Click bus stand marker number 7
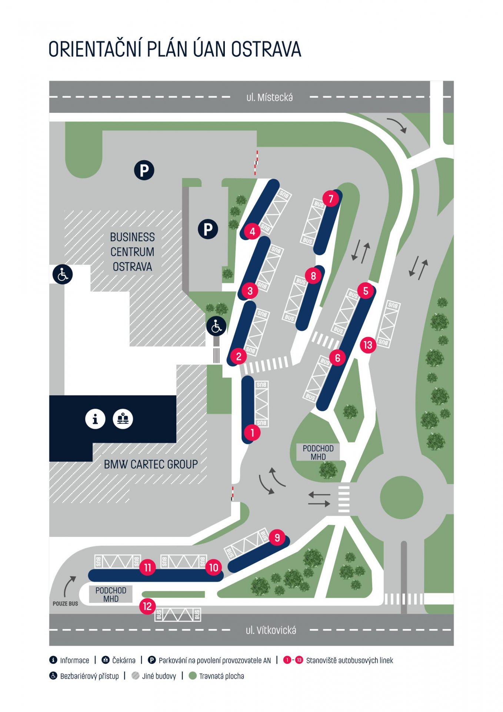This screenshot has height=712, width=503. (x=331, y=199)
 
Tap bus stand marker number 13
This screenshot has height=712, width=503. (x=368, y=345)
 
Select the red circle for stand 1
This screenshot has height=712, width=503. (x=252, y=432)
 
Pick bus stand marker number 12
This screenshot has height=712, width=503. (x=147, y=606)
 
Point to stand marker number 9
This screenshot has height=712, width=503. (x=277, y=537)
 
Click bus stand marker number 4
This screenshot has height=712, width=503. (x=252, y=232)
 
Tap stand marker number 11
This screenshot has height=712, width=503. (x=147, y=567)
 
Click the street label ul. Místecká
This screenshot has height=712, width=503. (x=270, y=98)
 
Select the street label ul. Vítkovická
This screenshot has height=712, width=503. (x=271, y=630)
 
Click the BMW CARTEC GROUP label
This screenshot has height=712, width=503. (x=151, y=464)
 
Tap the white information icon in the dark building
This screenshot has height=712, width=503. (x=95, y=419)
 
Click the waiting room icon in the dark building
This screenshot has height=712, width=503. (x=123, y=419)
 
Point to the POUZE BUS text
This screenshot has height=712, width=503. (x=65, y=604)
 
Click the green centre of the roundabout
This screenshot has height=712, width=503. (x=402, y=498)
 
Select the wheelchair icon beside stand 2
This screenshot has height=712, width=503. (x=216, y=327)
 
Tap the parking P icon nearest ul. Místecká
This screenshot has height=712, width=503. (x=144, y=171)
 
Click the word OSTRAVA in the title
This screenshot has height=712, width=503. (x=266, y=50)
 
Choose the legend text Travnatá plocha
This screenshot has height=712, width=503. (x=221, y=676)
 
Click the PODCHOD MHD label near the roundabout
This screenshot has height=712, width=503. (x=318, y=452)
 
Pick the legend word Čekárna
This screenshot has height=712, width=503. (x=124, y=660)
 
